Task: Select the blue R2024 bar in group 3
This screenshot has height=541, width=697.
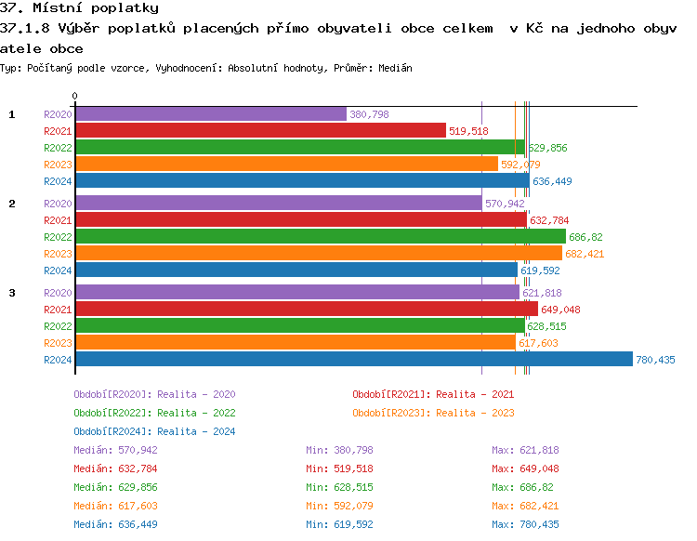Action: coord(353,360)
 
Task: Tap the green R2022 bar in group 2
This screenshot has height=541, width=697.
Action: coord(320,237)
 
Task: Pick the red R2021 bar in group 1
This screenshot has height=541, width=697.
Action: coord(260,131)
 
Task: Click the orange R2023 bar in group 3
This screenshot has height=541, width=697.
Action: coord(295,343)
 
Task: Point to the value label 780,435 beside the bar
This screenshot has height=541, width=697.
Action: coord(655,360)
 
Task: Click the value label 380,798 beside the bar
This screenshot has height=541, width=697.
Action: coord(369,114)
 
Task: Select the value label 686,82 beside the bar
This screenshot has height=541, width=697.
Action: coord(585,237)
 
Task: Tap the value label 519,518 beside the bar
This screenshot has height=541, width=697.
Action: coord(468,131)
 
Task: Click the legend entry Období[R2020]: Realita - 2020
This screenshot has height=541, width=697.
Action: coord(154,394)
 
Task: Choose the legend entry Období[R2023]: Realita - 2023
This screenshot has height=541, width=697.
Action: coord(433,413)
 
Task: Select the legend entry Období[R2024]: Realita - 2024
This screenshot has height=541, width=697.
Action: coord(154,431)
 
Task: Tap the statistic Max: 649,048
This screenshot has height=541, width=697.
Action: coord(525,468)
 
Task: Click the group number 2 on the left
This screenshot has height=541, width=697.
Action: coord(12,204)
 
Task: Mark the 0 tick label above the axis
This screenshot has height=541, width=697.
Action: coord(75,96)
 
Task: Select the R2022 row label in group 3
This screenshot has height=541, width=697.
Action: coord(58,326)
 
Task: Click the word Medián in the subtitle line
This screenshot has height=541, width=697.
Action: coord(395,69)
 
